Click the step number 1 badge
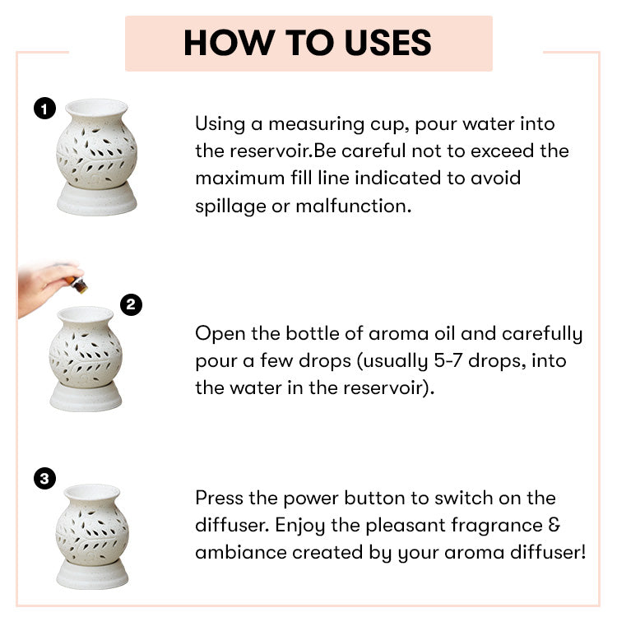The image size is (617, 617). click(x=44, y=108)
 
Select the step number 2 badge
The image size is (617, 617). click(x=131, y=305)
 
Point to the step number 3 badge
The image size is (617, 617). click(x=44, y=478)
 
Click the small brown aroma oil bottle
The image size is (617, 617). click(x=80, y=285)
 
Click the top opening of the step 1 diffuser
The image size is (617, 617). click(x=96, y=107)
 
